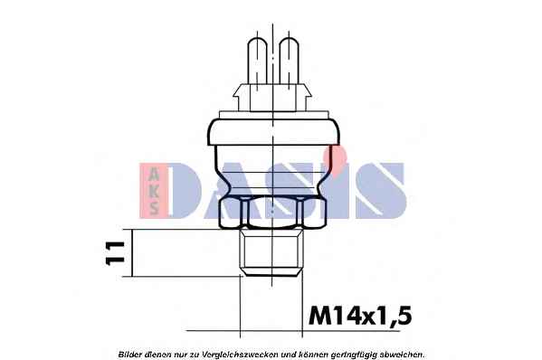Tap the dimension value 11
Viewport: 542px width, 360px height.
[115, 253]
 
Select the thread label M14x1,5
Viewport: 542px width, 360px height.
[360, 316]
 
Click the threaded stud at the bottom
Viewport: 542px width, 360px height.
[271, 252]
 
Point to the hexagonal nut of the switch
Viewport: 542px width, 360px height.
[272, 212]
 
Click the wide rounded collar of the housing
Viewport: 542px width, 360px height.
[273, 132]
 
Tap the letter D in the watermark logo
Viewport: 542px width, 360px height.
[185, 190]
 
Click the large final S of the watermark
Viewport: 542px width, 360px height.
[381, 190]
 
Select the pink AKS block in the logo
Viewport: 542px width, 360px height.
[154, 190]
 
